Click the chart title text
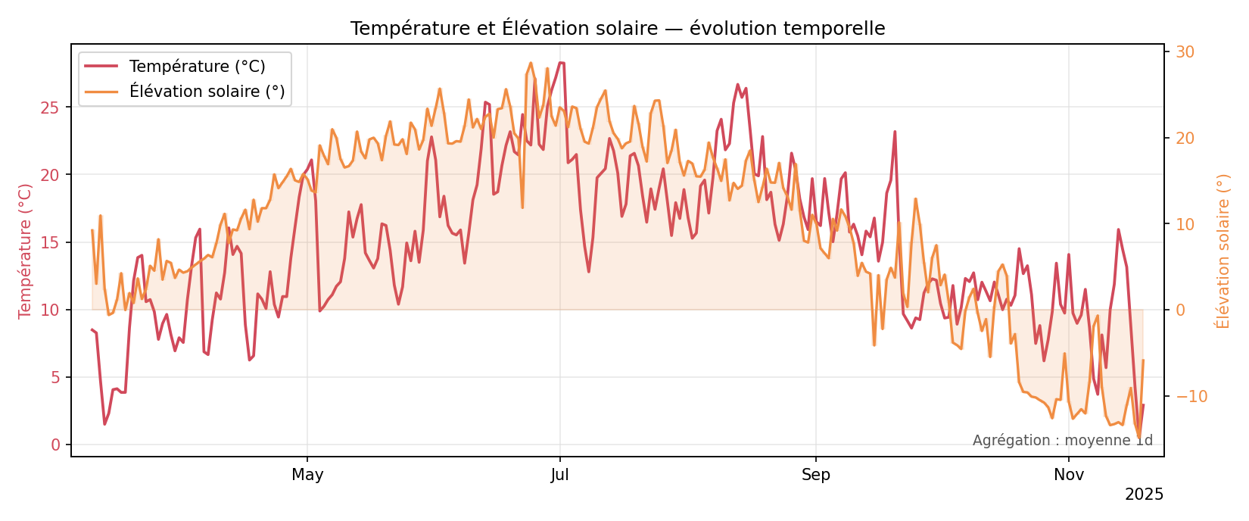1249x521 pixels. pos(617,29)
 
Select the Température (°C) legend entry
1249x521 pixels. pos(197,67)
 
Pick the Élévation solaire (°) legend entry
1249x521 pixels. pos(207,92)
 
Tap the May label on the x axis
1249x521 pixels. pos(307,476)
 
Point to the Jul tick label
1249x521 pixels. pos(559,476)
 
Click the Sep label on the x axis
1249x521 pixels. pos(816,476)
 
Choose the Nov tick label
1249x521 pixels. pos(1069,476)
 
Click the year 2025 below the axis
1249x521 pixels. pos(1144,495)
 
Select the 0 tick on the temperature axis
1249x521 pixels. pos(55,445)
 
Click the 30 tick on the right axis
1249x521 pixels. pos(1185,52)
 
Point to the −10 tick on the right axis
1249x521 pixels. pos(1188,397)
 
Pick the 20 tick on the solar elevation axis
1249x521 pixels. pos(1185,139)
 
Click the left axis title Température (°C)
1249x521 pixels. pos(26,251)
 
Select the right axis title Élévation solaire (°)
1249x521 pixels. pos(1223,251)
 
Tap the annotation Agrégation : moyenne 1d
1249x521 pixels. pos(1062,441)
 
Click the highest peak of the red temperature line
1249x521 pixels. pos(561,63)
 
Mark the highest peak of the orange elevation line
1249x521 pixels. pos(531,63)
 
